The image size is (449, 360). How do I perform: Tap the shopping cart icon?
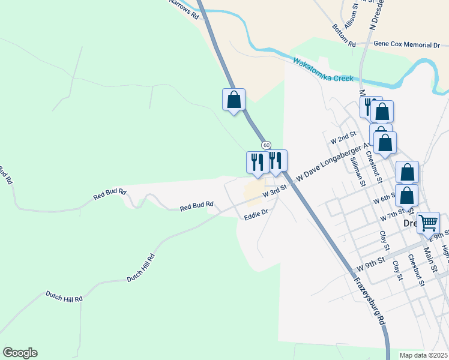tap(428, 223)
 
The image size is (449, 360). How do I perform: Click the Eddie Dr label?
tap(256, 213)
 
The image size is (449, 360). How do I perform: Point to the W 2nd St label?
tap(343, 138)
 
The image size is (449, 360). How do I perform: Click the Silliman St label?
tap(358, 171)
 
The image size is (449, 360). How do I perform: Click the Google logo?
tap(20, 353)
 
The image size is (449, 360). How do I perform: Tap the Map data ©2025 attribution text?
tap(423, 355)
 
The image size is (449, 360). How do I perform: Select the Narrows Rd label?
tap(184, 9)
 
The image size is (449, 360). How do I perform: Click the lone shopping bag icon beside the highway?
tap(234, 100)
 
